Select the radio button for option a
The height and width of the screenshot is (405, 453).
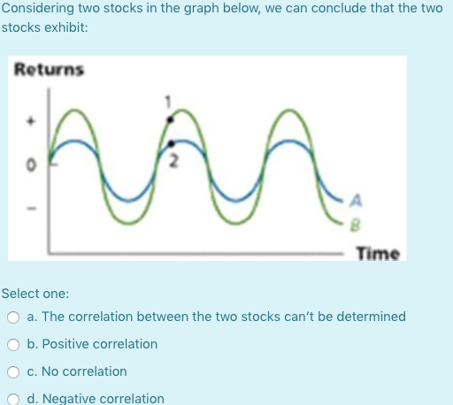(14, 317)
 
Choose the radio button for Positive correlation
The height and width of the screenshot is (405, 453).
(14, 344)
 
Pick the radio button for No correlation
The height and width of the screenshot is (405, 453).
(14, 371)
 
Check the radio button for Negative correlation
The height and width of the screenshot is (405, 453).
(14, 399)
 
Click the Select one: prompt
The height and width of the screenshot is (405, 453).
(35, 293)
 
